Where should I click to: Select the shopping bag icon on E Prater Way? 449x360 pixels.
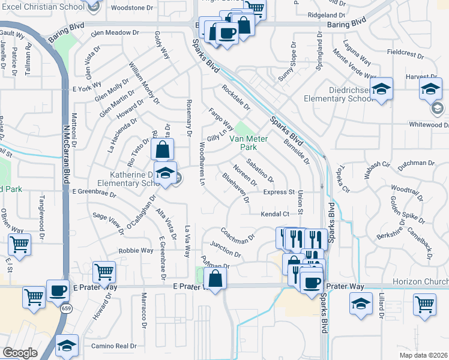tap(215, 278)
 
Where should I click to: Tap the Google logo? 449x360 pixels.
tap(20, 353)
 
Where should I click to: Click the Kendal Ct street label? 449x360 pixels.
tap(275, 214)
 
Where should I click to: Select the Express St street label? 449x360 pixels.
tap(279, 192)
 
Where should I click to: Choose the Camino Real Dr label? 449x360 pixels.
tap(114, 346)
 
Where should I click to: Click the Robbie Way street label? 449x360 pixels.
tap(135, 251)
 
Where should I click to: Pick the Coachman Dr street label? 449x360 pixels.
tap(238, 235)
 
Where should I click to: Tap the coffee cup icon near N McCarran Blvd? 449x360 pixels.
tap(58, 290)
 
